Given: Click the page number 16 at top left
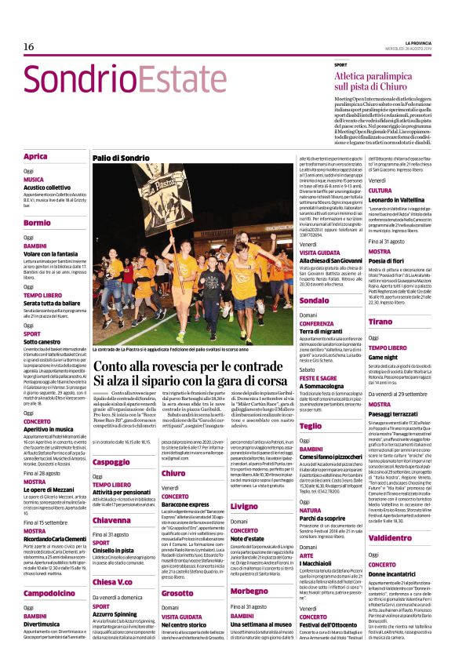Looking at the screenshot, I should pos(29,47).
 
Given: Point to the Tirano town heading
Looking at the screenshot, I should pos(380,322).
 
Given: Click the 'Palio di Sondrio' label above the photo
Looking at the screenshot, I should pos(122,158).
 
